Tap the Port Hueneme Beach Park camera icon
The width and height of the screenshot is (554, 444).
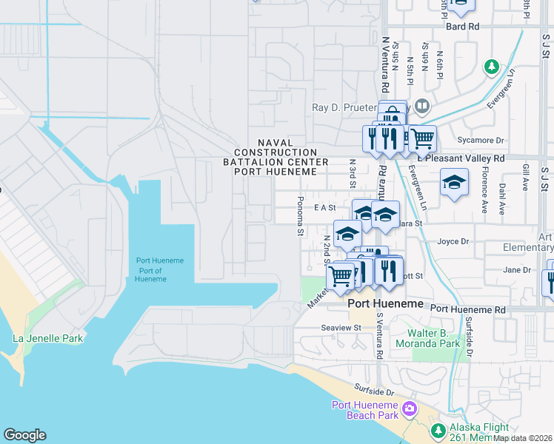tap(410, 408)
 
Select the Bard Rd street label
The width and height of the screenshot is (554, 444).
tap(463, 27)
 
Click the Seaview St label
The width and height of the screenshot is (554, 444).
tap(341, 327)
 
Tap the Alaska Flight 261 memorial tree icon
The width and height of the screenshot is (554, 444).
tap(438, 430)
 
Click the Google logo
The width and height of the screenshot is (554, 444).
tap(24, 435)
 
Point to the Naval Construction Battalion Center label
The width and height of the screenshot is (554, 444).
tap(276, 157)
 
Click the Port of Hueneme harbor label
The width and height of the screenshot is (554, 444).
tap(159, 269)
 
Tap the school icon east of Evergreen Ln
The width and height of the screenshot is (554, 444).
tap(454, 182)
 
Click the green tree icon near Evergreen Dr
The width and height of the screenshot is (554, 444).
tap(491, 67)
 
